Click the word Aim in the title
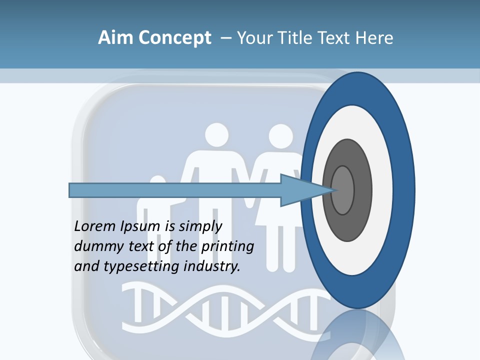tap(111, 38)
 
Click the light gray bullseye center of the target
tap(343, 190)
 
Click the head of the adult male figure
tap(216, 134)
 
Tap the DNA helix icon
tap(225, 305)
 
